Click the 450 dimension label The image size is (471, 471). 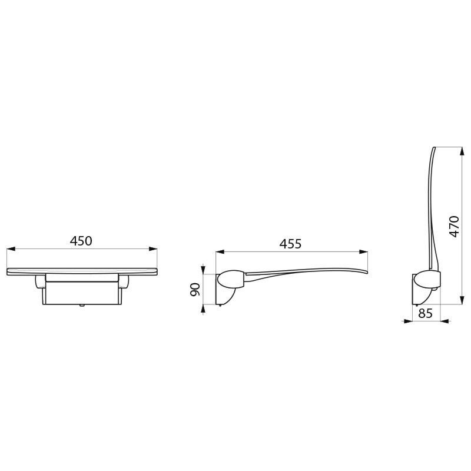point(81,241)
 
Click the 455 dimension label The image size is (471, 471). point(290,244)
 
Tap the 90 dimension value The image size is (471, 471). point(195,289)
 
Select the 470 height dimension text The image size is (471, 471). point(454,227)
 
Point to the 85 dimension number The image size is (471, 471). point(425,313)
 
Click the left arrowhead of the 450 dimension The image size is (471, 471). point(11,248)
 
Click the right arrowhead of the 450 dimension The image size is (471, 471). point(153,248)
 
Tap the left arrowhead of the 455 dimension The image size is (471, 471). point(220,252)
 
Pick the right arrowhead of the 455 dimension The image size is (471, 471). point(364,252)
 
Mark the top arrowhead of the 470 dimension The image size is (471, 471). point(462,151)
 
